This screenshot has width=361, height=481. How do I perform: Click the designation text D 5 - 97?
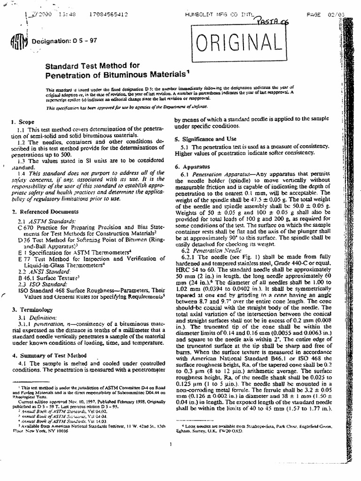point(84,40)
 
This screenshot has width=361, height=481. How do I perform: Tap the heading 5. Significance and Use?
point(206,139)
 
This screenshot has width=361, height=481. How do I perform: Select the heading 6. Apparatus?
point(188,166)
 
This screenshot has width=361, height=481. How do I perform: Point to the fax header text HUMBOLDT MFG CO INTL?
point(218,15)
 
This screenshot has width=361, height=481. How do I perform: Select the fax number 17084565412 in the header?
point(106,14)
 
